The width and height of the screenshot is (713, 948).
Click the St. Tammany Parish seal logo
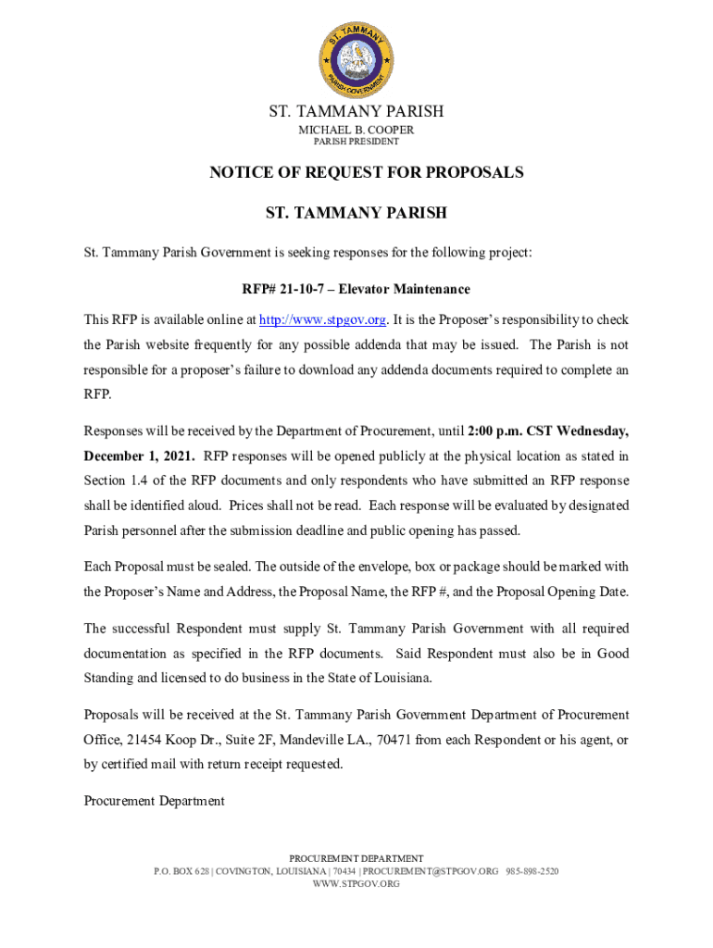[x=356, y=61]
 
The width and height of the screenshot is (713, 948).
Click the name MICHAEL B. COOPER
[x=356, y=130]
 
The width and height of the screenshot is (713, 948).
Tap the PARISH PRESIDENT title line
[x=356, y=142]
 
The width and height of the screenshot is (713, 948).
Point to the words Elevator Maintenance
[x=404, y=290]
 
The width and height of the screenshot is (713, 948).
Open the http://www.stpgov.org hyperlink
[x=322, y=320]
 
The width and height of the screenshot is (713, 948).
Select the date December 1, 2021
[x=139, y=456]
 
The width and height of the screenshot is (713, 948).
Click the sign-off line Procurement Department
[x=154, y=801]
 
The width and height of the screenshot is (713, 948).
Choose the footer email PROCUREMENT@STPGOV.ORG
[x=430, y=872]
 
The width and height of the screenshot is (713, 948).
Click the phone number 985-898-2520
[x=532, y=872]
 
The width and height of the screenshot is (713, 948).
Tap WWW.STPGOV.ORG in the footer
[x=356, y=884]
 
